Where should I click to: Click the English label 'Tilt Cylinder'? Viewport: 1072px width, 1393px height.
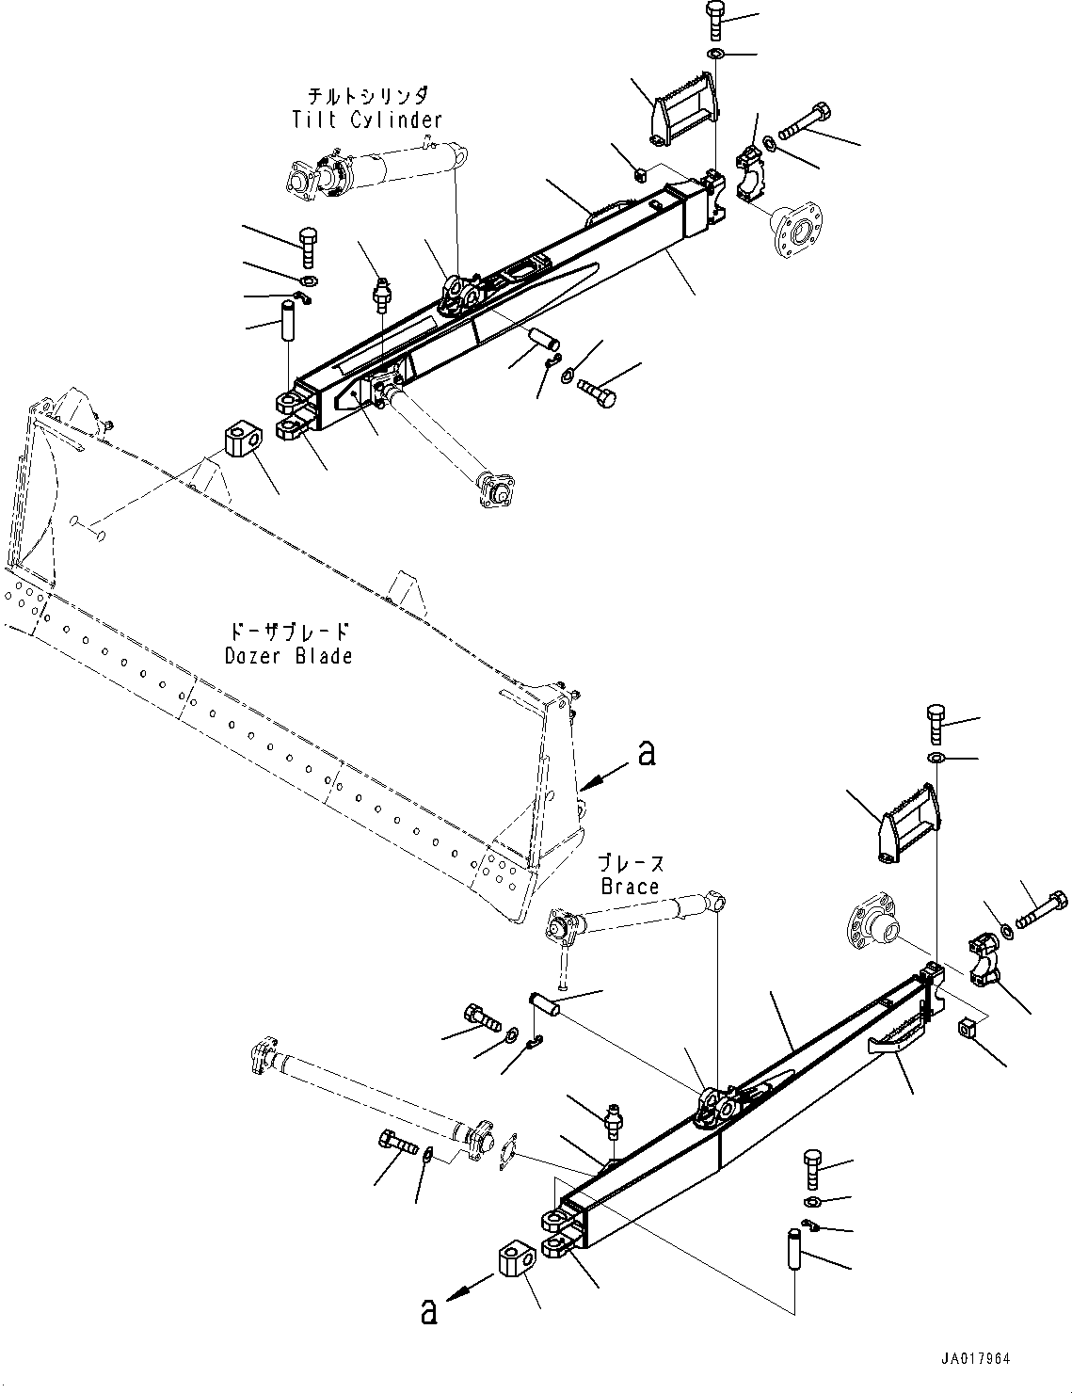pyautogui.click(x=366, y=120)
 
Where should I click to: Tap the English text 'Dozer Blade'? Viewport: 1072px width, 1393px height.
pyautogui.click(x=289, y=656)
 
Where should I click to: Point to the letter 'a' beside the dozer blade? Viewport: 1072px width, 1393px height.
pyautogui.click(x=646, y=753)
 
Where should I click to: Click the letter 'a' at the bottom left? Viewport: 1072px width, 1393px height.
pyautogui.click(x=429, y=1311)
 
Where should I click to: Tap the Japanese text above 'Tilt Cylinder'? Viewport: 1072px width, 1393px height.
pyautogui.click(x=367, y=96)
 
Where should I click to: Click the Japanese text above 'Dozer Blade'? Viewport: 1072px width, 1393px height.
pyautogui.click(x=289, y=632)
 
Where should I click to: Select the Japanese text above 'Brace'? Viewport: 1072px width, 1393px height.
pyautogui.click(x=632, y=863)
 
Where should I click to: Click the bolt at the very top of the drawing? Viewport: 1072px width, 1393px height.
pyautogui.click(x=713, y=21)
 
